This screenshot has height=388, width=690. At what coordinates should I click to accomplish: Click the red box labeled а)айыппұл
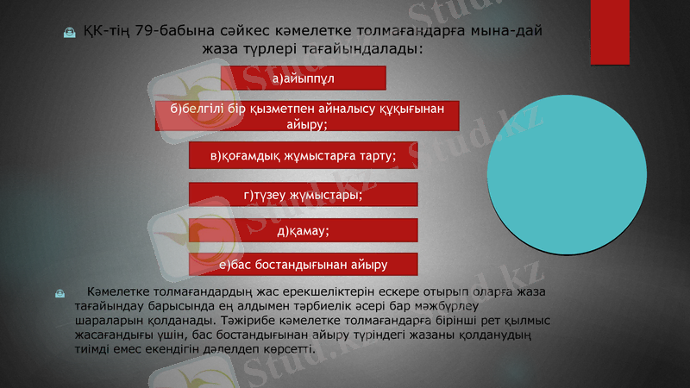coord(303,78)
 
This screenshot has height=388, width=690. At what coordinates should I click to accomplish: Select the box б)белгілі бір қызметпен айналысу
coord(306,116)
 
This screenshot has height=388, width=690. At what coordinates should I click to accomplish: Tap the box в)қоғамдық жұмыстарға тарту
coord(303,156)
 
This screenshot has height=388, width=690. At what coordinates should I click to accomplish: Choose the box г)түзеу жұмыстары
coord(303,195)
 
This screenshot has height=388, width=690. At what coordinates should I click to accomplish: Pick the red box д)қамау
coord(303,231)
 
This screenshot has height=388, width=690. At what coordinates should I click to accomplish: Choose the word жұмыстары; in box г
coord(320,195)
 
